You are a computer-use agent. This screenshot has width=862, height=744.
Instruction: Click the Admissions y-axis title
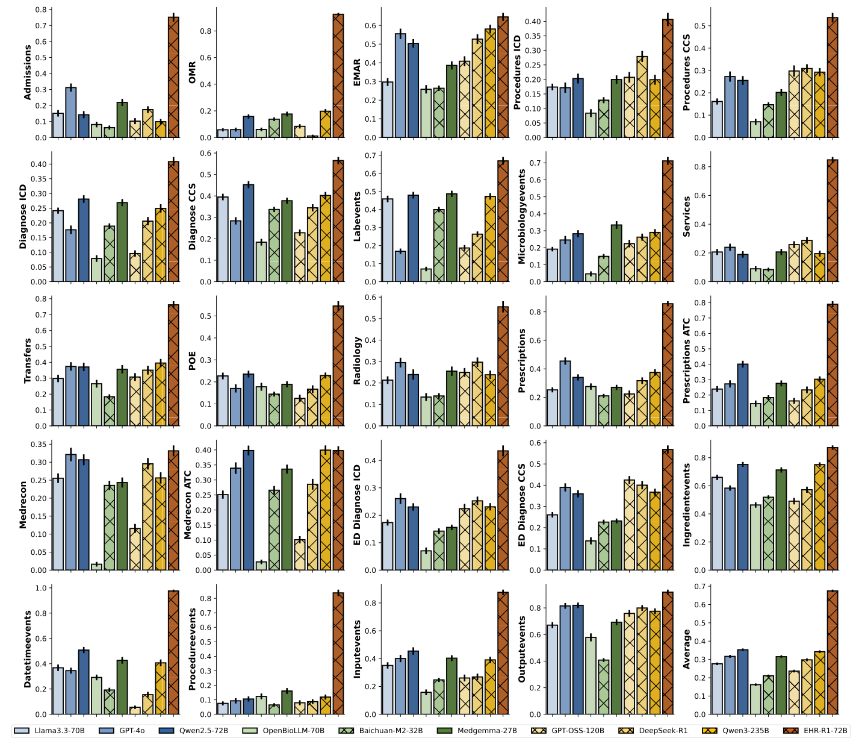27,72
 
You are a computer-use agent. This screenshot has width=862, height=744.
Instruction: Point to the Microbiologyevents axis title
522,216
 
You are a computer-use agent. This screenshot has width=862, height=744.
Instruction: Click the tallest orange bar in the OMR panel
338,76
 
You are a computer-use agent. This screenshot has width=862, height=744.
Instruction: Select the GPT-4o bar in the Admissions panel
71,113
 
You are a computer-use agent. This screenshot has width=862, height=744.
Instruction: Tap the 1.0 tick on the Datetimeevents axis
41,588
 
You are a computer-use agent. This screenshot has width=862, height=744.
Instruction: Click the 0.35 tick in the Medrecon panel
39,445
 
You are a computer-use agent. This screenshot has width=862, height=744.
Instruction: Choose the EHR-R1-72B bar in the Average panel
833,652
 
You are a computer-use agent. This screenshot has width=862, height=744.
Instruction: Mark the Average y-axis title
687,649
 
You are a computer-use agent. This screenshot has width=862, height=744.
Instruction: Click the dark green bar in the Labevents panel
451,238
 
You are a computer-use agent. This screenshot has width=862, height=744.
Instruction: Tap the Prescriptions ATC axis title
687,361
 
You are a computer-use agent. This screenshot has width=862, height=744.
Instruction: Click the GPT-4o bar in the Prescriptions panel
565,393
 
